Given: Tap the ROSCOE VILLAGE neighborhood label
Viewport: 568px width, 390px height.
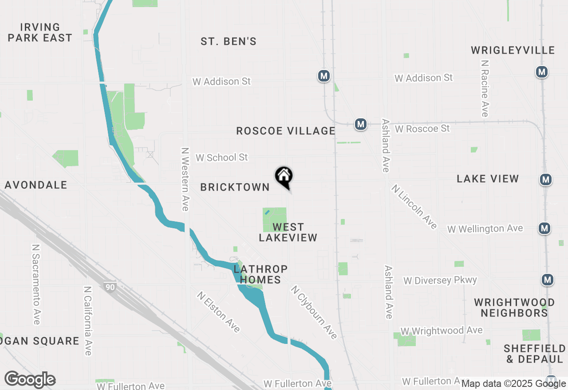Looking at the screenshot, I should click(x=286, y=131).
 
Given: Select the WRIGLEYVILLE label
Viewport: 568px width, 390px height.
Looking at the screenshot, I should click(x=513, y=50).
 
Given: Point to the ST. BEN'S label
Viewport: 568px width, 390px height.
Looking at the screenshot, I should click(x=229, y=42).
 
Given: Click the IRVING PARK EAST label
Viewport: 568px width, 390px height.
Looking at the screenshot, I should click(x=40, y=33).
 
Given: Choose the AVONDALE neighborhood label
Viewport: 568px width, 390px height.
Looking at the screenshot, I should click(x=35, y=185).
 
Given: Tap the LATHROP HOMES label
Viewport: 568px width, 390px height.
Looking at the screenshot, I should click(x=260, y=274).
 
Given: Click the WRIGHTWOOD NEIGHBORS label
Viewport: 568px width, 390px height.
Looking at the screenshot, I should click(x=514, y=308).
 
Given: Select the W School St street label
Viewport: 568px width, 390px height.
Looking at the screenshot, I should click(x=221, y=157).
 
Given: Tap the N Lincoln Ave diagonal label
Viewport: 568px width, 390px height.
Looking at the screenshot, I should click(x=414, y=207).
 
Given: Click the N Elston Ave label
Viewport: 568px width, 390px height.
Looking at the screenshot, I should click(x=219, y=312).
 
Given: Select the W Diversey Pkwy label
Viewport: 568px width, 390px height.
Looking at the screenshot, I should click(x=440, y=280).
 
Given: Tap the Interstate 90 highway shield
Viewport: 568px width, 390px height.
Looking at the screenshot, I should click(x=110, y=287).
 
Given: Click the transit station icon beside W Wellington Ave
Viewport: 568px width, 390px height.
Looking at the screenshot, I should click(x=544, y=228).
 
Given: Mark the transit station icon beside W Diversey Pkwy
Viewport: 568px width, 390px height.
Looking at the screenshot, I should click(x=548, y=280).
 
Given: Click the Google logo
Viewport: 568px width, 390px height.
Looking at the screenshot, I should click(x=30, y=379).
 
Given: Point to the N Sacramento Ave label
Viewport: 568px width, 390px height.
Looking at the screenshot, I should click(x=36, y=284).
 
